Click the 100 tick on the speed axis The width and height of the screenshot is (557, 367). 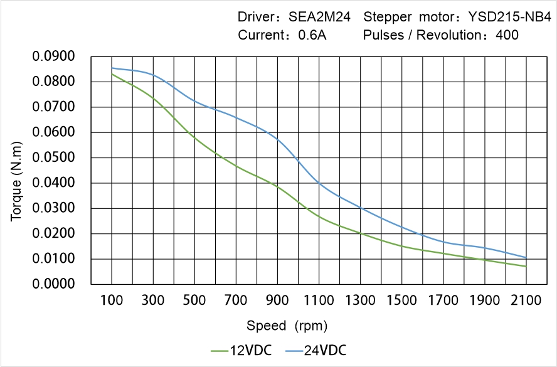pyautogui.click(x=112, y=301)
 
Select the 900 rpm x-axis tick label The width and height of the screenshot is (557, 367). pyautogui.click(x=277, y=301)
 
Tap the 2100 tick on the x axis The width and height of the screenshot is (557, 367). pyautogui.click(x=526, y=301)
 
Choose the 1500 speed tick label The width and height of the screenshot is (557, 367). pyautogui.click(x=401, y=301)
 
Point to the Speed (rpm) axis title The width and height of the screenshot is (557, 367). pyautogui.click(x=287, y=326)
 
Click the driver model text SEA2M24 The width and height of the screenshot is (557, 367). pyautogui.click(x=319, y=17)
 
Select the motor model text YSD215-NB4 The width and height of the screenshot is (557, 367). pyautogui.click(x=507, y=17)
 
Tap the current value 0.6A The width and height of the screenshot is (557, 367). pyautogui.click(x=312, y=35)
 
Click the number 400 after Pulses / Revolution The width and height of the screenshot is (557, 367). pyautogui.click(x=507, y=35)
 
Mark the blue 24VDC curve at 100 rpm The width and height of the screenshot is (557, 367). pyautogui.click(x=112, y=68)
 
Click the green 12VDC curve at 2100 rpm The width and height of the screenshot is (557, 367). pyautogui.click(x=526, y=266)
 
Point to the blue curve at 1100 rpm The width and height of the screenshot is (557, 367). pyautogui.click(x=319, y=183)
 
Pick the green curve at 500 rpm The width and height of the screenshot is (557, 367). pyautogui.click(x=194, y=137)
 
